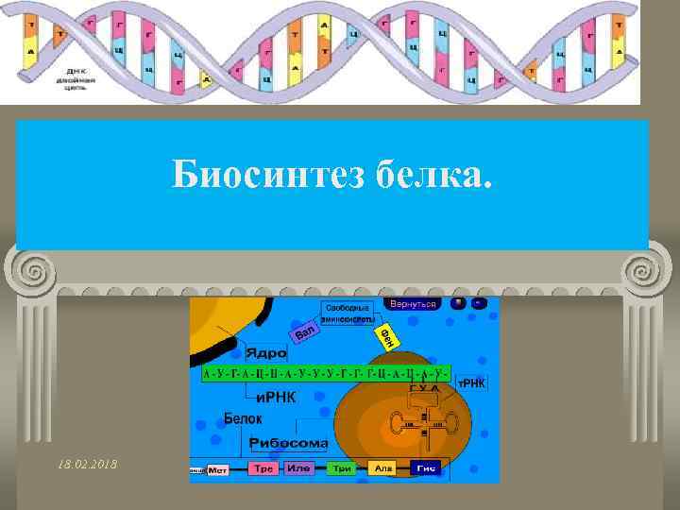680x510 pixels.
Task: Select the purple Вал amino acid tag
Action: click(304, 331)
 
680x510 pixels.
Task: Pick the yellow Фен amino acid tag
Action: click(386, 335)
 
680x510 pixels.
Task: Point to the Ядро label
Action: click(265, 352)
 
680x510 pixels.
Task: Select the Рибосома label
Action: click(289, 442)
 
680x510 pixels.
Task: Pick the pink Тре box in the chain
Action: click(262, 468)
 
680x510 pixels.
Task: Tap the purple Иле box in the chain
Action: click(299, 468)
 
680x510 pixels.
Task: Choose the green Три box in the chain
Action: click(342, 468)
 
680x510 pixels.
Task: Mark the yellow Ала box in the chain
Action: click(384, 468)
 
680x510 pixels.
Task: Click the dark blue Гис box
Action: click(425, 468)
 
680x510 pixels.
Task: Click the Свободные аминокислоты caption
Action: click(349, 314)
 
